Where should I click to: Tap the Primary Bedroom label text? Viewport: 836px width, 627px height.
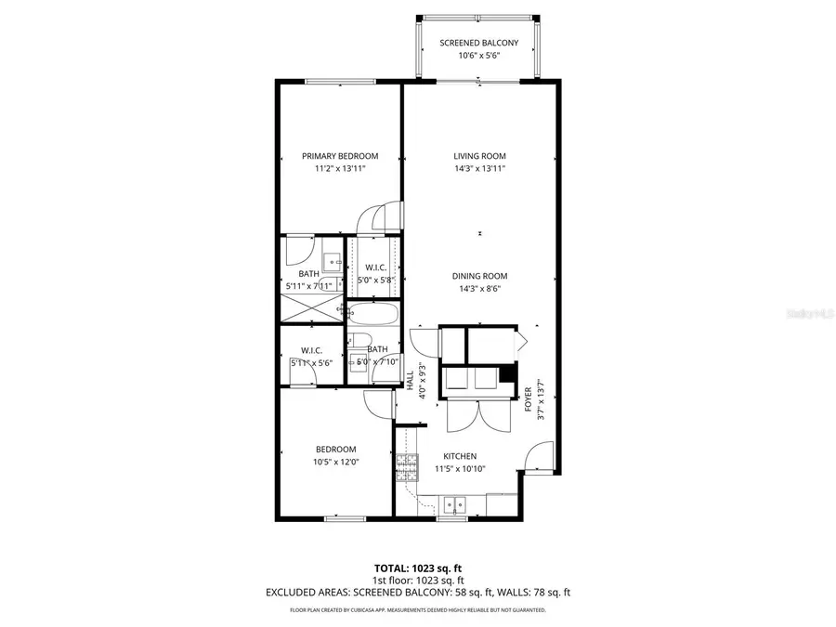tap(340, 156)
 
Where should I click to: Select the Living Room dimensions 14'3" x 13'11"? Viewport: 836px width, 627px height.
tap(479, 169)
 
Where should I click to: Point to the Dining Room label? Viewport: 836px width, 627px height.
tap(479, 276)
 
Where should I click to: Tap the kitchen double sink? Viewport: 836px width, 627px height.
tap(454, 505)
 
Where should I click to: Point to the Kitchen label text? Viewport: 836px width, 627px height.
tap(460, 456)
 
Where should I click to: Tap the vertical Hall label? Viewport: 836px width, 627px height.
tap(410, 380)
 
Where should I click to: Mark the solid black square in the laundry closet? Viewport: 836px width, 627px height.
tap(506, 374)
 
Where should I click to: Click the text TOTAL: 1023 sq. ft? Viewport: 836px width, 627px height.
tap(418, 567)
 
